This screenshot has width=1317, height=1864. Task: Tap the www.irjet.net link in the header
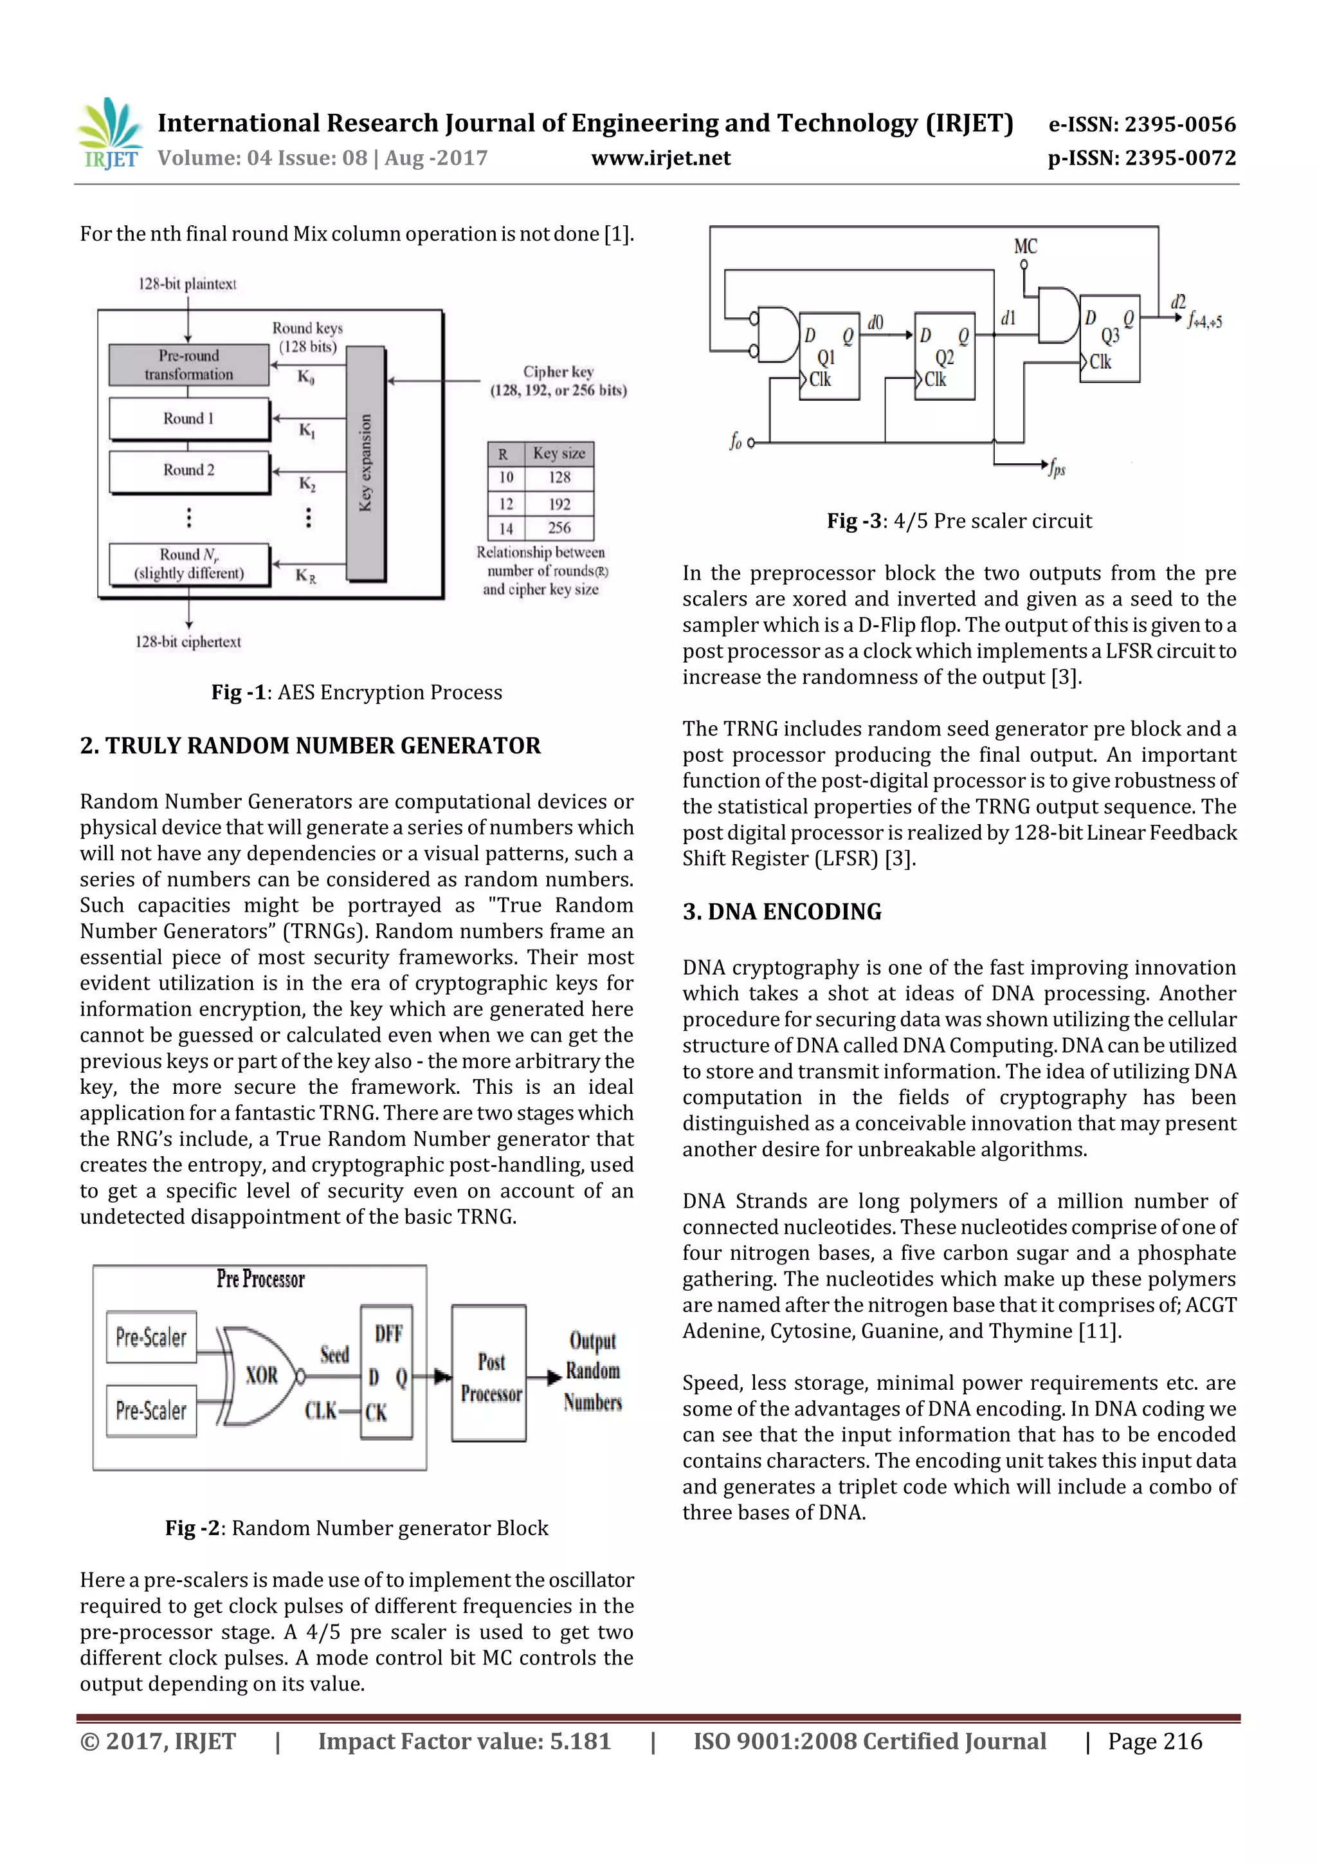660,158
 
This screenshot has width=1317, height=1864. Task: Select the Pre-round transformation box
188,365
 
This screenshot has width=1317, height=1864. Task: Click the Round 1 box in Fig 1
188,419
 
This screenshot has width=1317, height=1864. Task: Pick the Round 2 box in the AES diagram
188,470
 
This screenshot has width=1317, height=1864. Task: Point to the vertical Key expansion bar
365,463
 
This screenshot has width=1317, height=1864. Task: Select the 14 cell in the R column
505,528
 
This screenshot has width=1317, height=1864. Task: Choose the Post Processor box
490,1378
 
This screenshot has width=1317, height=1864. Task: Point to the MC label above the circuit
1025,246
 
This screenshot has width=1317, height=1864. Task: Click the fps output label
1056,468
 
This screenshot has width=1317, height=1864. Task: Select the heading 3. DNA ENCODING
781,912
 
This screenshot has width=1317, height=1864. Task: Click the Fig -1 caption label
239,692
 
